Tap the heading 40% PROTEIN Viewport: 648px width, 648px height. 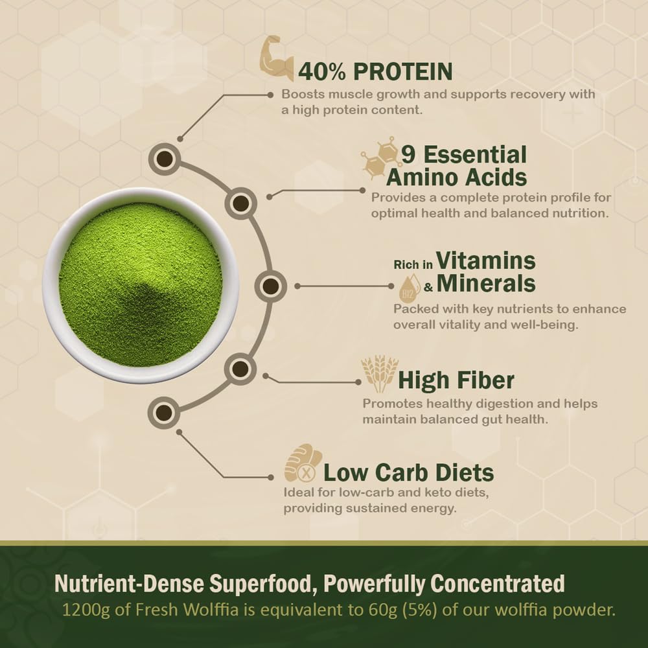pyautogui.click(x=375, y=71)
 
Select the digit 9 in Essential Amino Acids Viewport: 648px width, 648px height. pyautogui.click(x=408, y=156)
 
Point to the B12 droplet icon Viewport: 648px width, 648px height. pyautogui.click(x=410, y=289)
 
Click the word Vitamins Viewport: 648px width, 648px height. pyautogui.click(x=486, y=261)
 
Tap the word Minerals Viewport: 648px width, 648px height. pyautogui.click(x=486, y=284)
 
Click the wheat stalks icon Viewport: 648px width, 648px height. pyautogui.click(x=379, y=374)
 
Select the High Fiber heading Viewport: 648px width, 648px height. pyautogui.click(x=456, y=380)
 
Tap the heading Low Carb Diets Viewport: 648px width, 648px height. pyautogui.click(x=408, y=472)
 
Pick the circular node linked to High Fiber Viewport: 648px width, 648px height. pyautogui.click(x=240, y=370)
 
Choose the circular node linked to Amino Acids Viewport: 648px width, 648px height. pyautogui.click(x=241, y=203)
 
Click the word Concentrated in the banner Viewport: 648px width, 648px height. pyautogui.click(x=498, y=584)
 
